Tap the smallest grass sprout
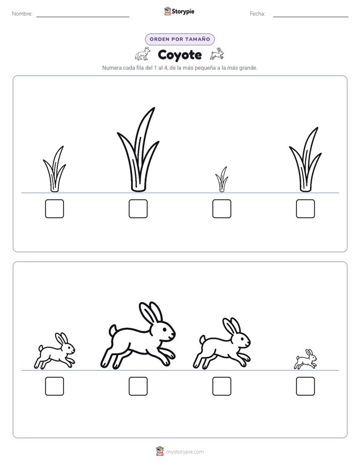222,181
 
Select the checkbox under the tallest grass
138,209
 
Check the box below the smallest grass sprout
222,209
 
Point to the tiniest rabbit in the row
306,359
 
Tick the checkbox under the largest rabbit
138,386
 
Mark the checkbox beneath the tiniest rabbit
306,386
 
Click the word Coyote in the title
179,55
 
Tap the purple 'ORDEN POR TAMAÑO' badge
179,39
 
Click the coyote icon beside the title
143,54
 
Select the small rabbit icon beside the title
217,54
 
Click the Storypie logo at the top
179,12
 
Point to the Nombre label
22,14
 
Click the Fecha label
257,14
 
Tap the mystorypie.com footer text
185,452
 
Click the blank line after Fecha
311,17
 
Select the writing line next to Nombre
83,17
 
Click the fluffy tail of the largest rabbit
113,330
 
